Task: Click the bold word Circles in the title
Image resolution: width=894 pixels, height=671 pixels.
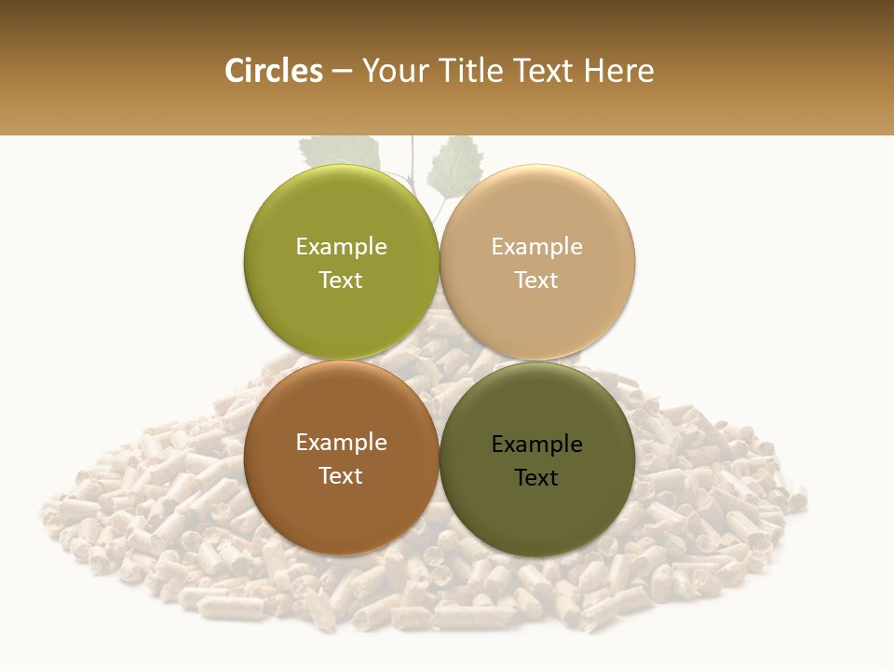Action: pyautogui.click(x=273, y=71)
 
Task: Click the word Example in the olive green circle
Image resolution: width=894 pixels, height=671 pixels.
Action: pyautogui.click(x=341, y=246)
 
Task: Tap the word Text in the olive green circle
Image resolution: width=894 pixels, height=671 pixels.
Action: pyautogui.click(x=341, y=280)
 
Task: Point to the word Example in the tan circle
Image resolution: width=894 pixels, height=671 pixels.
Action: pyautogui.click(x=536, y=246)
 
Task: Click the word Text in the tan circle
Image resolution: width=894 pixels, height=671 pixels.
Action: pyautogui.click(x=536, y=280)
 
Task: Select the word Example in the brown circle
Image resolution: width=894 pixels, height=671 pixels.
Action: pyautogui.click(x=341, y=442)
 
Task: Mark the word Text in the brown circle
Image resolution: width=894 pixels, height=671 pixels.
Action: pyautogui.click(x=341, y=475)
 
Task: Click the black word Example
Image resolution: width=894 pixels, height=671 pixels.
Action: pyautogui.click(x=536, y=444)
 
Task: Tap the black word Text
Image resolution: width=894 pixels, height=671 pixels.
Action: pyautogui.click(x=536, y=477)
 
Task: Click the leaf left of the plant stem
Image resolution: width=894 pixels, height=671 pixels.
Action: pyautogui.click(x=340, y=149)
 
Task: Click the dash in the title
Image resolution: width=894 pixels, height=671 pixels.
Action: pyautogui.click(x=341, y=72)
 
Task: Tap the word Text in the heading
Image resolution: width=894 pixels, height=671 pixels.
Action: pyautogui.click(x=543, y=71)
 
